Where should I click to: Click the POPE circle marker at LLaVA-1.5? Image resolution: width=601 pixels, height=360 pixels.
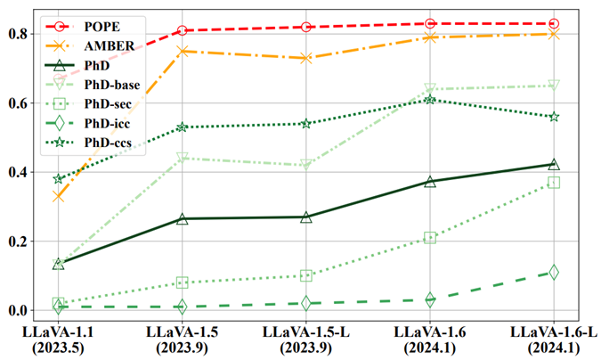pos(183,30)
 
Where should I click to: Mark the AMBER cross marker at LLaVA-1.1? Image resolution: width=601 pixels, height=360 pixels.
pos(58,196)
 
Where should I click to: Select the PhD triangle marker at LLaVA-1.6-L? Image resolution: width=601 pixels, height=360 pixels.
pos(554,164)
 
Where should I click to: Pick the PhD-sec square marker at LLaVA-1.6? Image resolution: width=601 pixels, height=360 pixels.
pos(430,238)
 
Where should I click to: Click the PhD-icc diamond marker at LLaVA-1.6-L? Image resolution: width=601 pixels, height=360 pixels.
pos(554,273)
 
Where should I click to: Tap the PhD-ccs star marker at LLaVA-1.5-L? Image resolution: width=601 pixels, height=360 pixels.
pos(306,123)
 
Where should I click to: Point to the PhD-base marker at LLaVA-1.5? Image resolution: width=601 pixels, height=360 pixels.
pos(183,158)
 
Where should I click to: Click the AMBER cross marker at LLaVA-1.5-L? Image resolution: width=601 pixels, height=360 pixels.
pos(306,58)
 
